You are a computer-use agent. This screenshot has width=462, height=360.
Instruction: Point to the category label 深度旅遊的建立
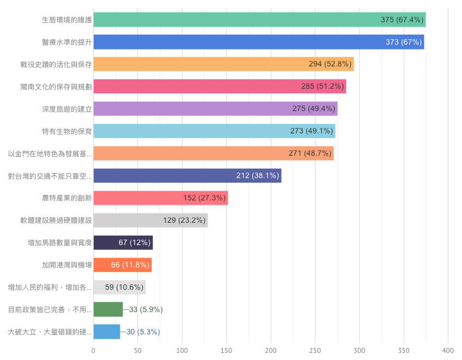tap(67, 109)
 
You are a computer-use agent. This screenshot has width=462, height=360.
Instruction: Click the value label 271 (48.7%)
tap(310, 154)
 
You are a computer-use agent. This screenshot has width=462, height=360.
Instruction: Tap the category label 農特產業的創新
tap(67, 198)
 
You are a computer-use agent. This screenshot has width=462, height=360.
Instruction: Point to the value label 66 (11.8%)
tap(130, 265)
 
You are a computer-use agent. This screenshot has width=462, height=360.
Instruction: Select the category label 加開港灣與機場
tap(67, 265)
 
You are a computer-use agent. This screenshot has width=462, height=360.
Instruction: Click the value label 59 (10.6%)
tap(124, 287)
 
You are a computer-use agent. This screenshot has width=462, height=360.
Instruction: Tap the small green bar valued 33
tap(108, 309)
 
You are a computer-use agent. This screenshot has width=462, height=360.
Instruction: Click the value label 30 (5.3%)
tap(143, 332)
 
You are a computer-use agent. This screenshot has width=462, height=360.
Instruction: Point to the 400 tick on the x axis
tap(448, 350)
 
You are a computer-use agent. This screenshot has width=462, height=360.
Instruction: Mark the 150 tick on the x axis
tap(227, 350)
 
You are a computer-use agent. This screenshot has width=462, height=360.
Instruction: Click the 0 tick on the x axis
tap(94, 350)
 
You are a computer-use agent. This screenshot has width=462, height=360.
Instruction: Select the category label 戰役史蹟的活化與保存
tap(56, 64)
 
